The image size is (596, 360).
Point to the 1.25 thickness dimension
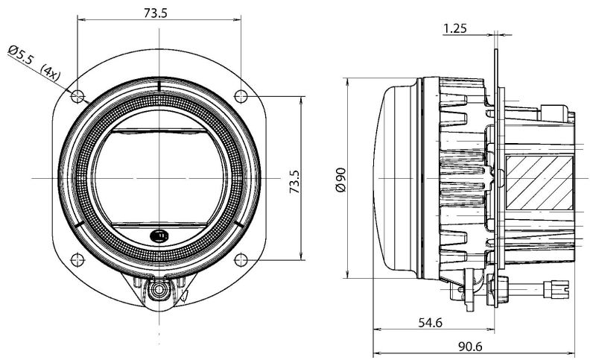(455, 28)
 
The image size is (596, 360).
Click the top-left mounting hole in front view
(77, 95)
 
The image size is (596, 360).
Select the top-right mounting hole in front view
(241, 95)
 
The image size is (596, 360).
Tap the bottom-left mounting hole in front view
(77, 259)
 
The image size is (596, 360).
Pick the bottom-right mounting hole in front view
(241, 259)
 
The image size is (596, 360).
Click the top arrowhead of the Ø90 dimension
(349, 80)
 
